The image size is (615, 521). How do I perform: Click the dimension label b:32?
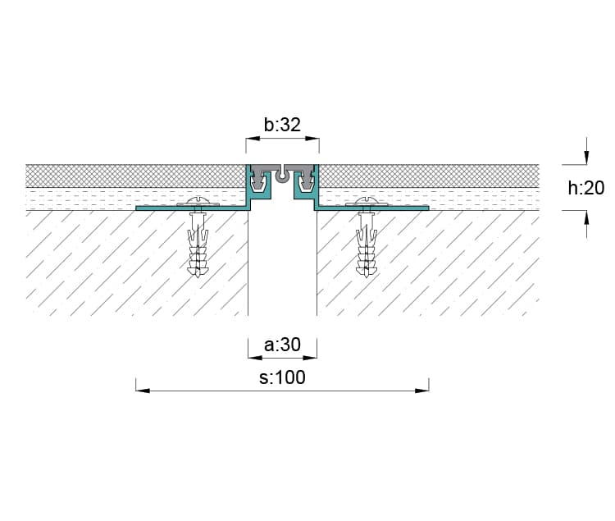[x=282, y=125]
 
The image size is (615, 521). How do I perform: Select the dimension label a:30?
[x=282, y=345]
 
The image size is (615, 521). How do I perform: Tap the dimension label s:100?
[x=282, y=377]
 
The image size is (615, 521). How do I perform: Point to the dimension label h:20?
[x=586, y=188]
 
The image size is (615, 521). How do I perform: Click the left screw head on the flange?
[x=198, y=201]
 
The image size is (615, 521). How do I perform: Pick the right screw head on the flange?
[x=366, y=201]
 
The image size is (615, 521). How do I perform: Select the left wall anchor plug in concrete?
[x=198, y=245]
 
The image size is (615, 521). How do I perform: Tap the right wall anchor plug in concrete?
[x=367, y=245]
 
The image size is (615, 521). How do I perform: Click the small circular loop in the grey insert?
[x=281, y=177]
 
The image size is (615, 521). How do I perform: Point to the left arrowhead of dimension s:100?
[x=143, y=391]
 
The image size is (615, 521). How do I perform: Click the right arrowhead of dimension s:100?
[x=422, y=391]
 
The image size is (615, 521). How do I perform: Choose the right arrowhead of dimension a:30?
[x=310, y=358]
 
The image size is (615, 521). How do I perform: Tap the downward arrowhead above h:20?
[x=586, y=158]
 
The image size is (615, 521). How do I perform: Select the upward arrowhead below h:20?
[x=586, y=217]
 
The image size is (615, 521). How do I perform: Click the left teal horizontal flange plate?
[x=192, y=208]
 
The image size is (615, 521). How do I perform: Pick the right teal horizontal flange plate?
[x=371, y=208]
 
